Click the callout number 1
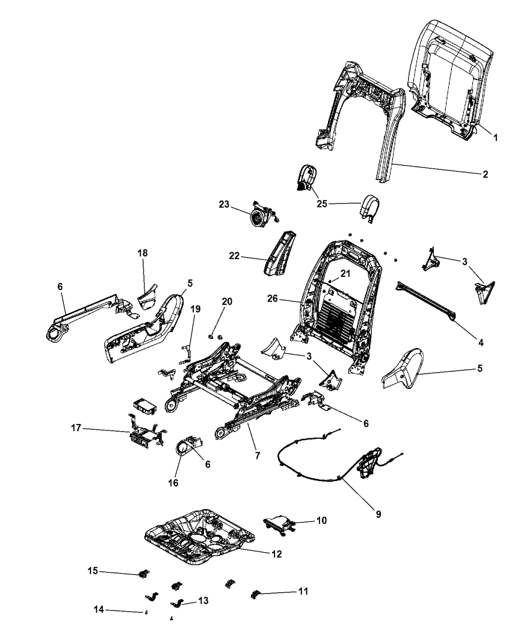click(x=495, y=137)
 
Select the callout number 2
click(x=485, y=174)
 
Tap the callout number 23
click(x=224, y=205)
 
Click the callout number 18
click(x=143, y=253)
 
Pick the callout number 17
click(x=76, y=429)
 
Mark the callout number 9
click(x=378, y=514)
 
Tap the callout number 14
click(x=98, y=610)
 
